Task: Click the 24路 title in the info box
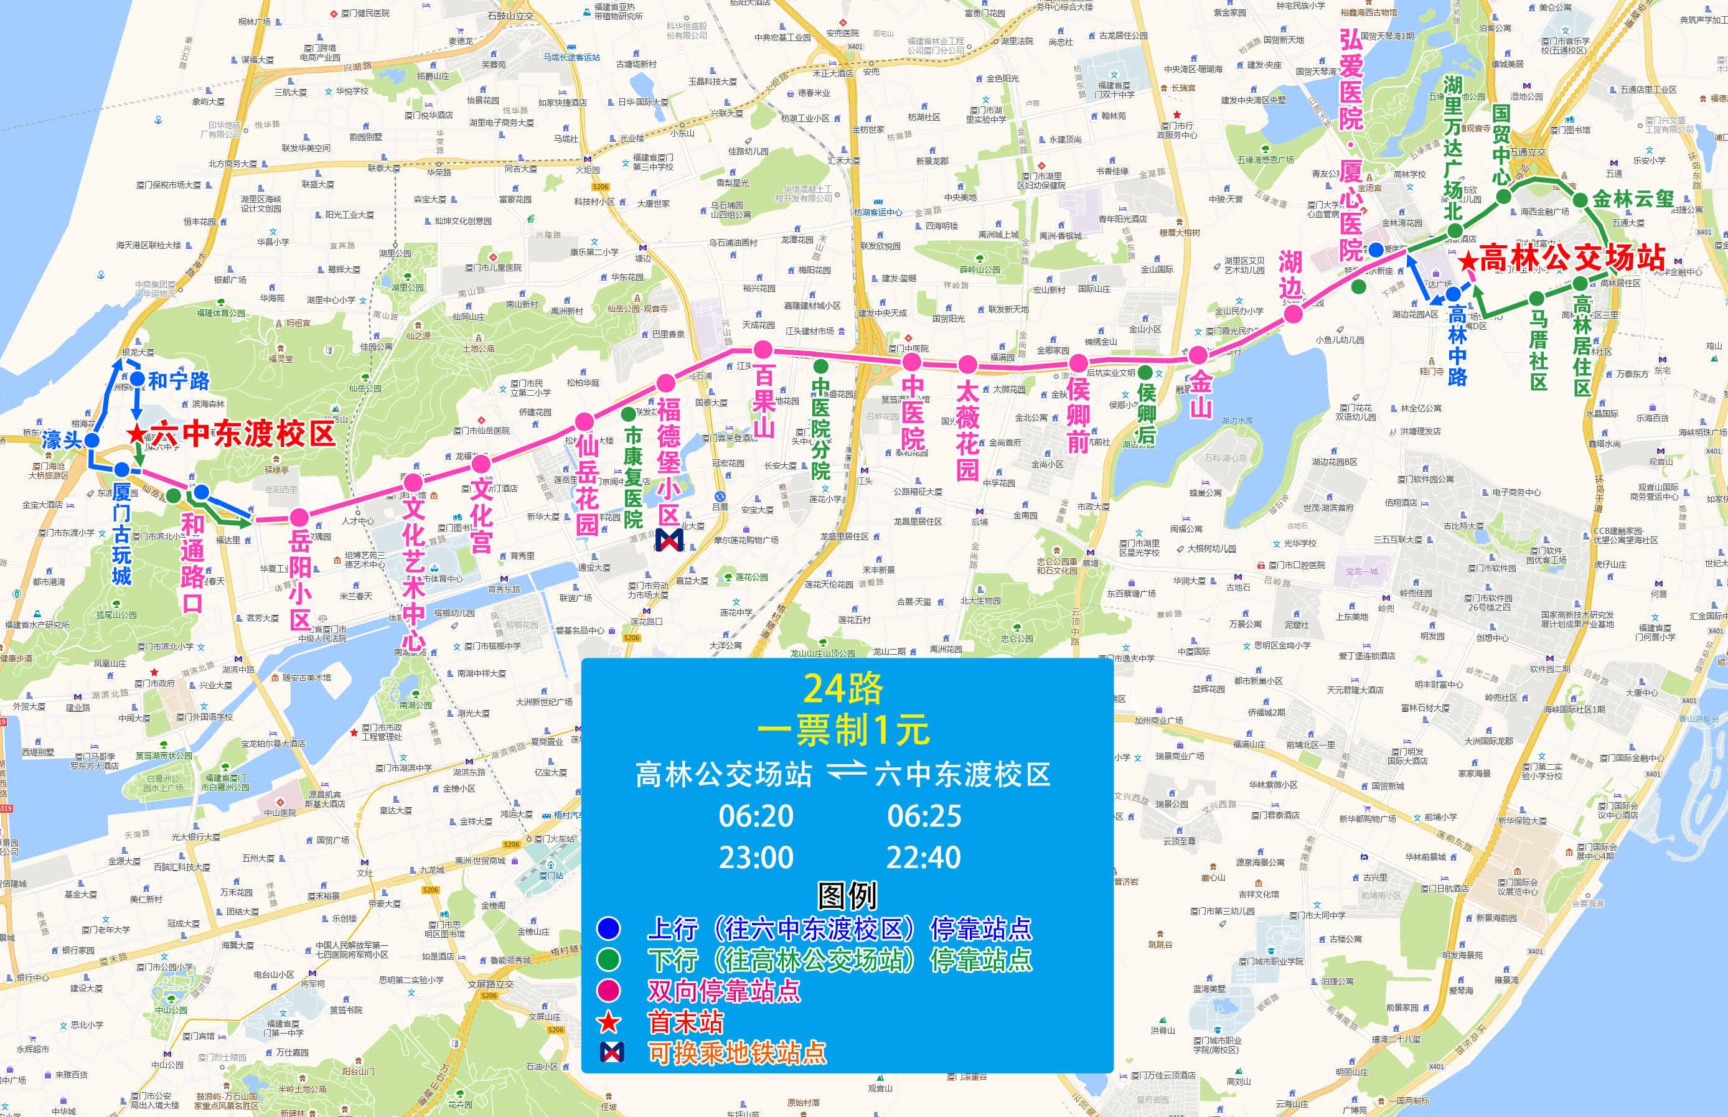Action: click(843, 688)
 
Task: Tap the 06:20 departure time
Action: click(756, 816)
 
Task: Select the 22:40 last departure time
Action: click(924, 858)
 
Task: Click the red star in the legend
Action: click(608, 1022)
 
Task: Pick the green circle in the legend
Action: click(608, 960)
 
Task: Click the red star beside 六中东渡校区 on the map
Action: click(136, 434)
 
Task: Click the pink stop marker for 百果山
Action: click(763, 350)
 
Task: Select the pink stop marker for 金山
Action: click(1198, 355)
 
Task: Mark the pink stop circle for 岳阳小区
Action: click(299, 517)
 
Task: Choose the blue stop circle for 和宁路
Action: click(137, 378)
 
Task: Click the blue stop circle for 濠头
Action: click(92, 441)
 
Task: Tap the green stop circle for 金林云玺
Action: click(1580, 200)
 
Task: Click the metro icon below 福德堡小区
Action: click(669, 540)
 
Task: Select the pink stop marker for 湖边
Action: click(1293, 314)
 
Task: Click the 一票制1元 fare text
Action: click(843, 730)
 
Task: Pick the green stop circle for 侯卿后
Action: click(1145, 372)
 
